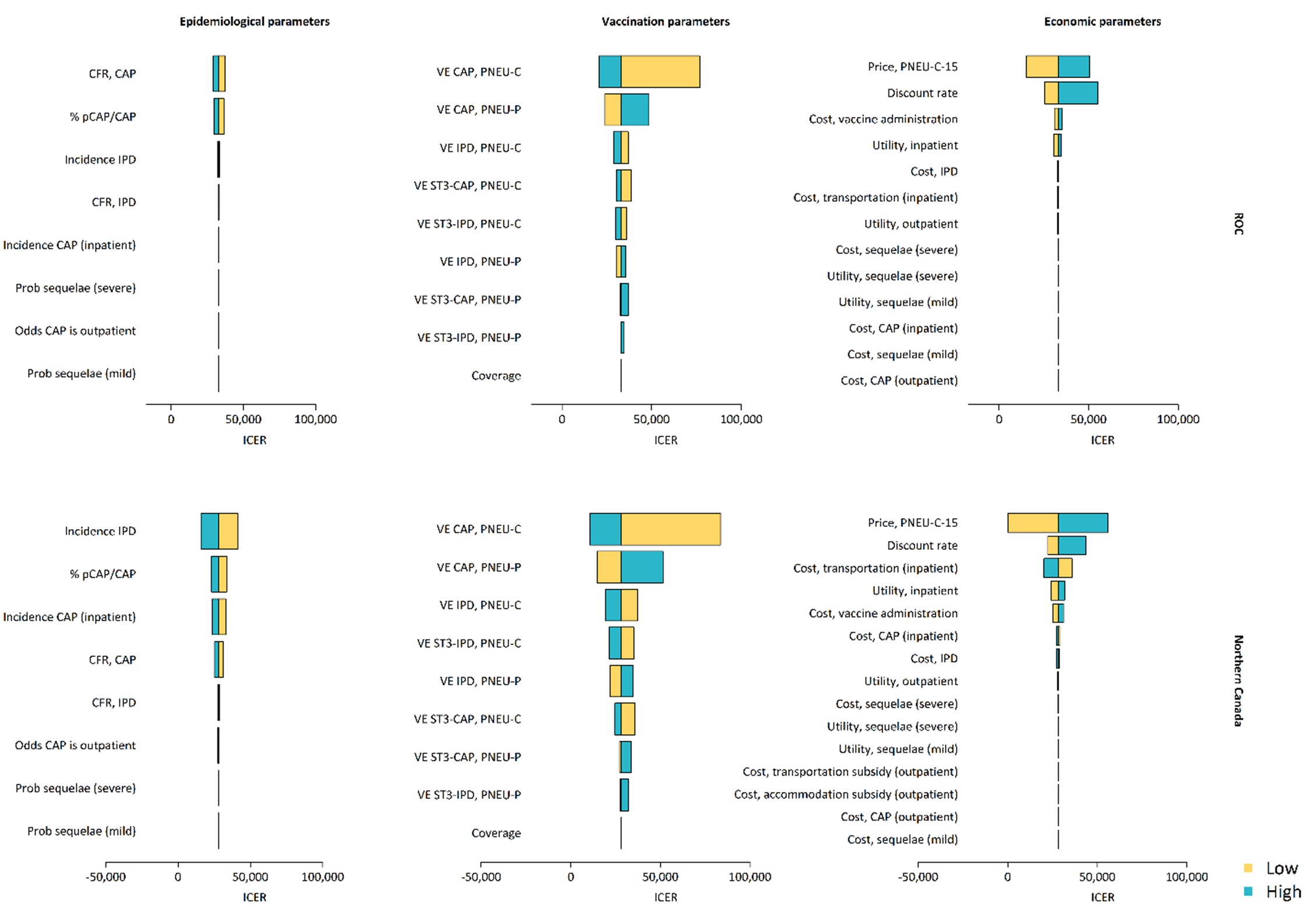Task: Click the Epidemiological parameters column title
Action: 254,22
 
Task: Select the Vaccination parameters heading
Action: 665,22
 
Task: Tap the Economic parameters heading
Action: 1102,22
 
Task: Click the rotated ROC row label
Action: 1238,224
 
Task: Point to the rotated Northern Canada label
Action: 1238,680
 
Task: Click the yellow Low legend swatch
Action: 1248,868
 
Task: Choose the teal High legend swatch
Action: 1248,891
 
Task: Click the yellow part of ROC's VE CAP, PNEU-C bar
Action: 660,72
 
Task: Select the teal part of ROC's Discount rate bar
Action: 1078,93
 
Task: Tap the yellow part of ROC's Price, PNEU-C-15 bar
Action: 1042,66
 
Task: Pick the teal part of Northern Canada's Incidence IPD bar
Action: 210,531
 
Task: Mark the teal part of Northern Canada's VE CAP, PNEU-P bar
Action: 642,567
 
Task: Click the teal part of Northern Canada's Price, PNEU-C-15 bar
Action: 1082,523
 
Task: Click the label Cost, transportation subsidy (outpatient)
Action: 850,772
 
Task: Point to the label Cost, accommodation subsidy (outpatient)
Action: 845,794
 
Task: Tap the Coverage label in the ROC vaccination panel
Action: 496,376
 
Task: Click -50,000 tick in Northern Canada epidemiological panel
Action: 106,877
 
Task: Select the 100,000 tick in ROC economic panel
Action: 1178,419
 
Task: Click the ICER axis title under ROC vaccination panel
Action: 665,440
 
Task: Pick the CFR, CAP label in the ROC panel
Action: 113,74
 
